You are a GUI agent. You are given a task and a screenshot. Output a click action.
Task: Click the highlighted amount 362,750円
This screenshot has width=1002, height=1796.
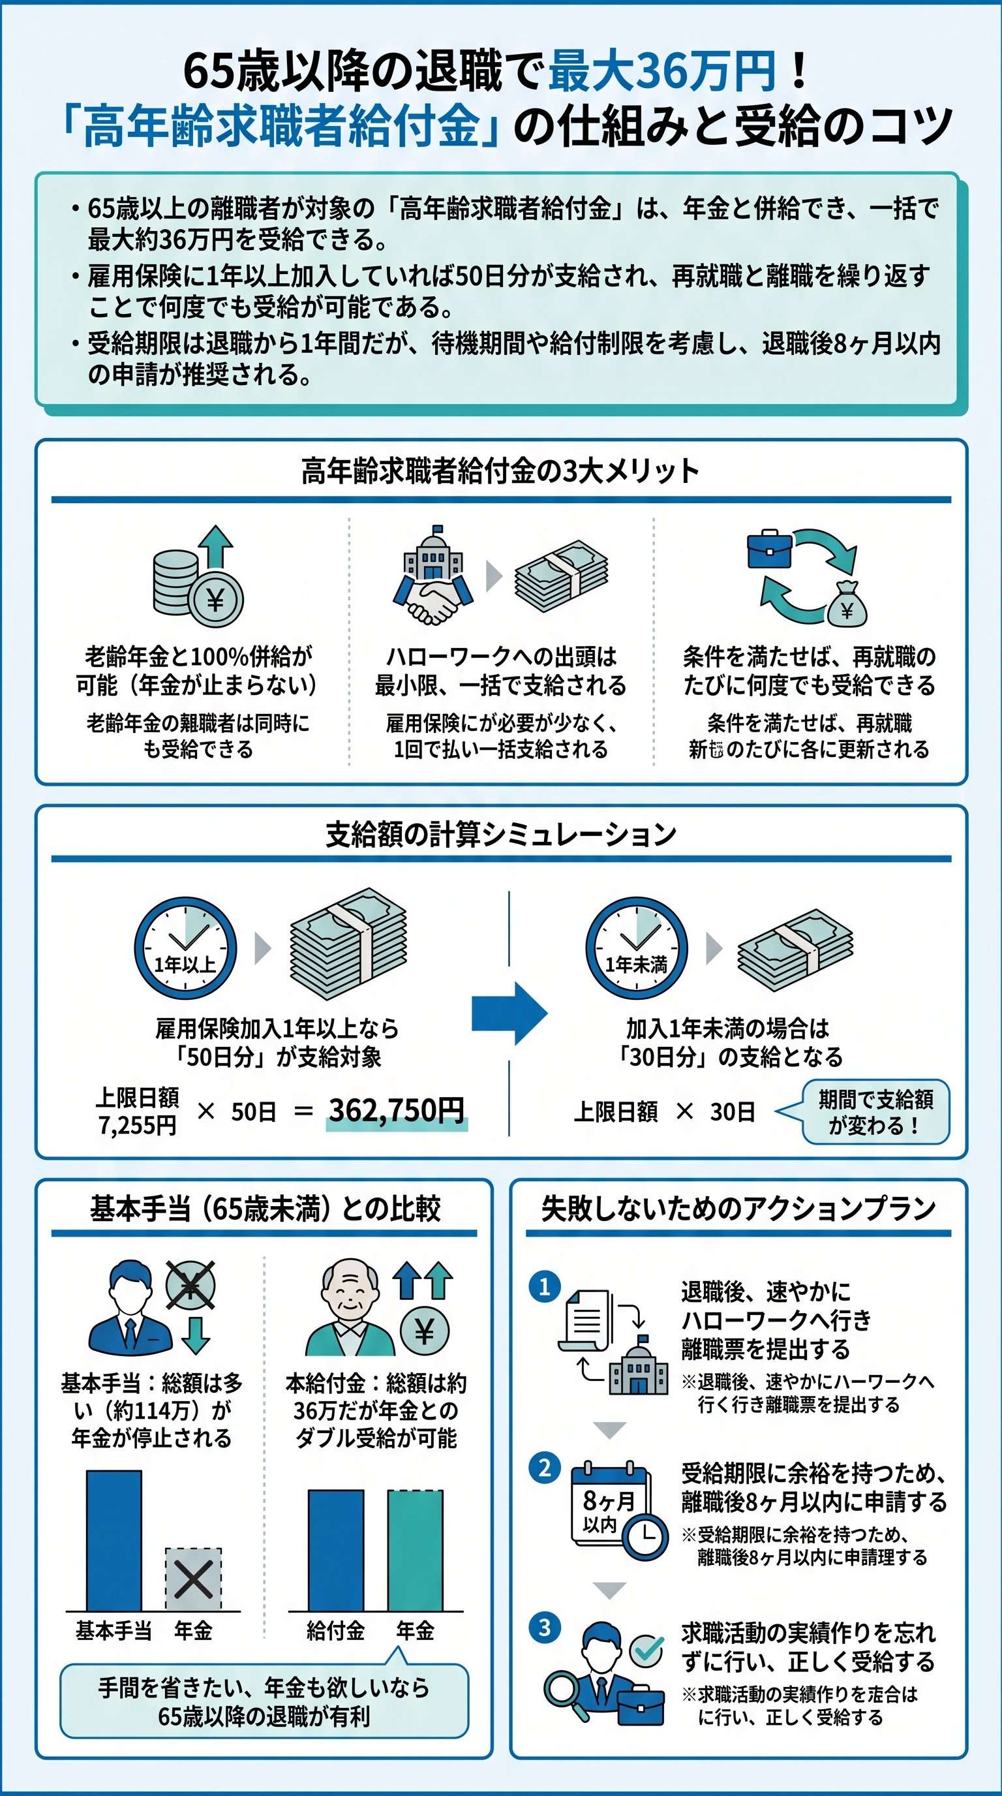pos(397,1110)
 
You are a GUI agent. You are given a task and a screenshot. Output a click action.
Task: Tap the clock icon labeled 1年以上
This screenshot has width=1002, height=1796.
pos(185,948)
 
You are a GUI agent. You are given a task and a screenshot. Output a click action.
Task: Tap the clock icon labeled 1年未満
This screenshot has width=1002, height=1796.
pos(636,948)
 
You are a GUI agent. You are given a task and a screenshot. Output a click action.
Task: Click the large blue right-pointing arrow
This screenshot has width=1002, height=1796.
pos(509,1013)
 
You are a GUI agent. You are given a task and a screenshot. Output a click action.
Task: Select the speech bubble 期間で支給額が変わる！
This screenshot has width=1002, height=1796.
pos(875,1112)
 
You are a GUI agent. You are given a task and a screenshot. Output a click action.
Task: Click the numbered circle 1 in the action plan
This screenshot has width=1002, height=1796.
pos(545,1287)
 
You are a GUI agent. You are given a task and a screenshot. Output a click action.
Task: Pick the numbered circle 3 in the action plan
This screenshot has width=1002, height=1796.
pos(545,1628)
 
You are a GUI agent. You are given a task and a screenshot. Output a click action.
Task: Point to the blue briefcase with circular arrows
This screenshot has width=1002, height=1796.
pos(768,550)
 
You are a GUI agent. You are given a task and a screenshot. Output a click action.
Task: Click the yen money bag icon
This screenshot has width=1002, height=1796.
pos(847,605)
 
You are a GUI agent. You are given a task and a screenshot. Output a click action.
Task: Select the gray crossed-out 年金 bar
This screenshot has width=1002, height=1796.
pos(193,1579)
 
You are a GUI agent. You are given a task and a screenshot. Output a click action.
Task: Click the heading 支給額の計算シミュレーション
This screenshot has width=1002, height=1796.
pos(500,834)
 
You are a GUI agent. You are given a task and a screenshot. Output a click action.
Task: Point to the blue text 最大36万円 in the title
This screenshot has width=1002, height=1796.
pos(662,71)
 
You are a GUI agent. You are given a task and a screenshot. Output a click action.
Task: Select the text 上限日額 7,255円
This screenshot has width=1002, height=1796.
pos(137,1111)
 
